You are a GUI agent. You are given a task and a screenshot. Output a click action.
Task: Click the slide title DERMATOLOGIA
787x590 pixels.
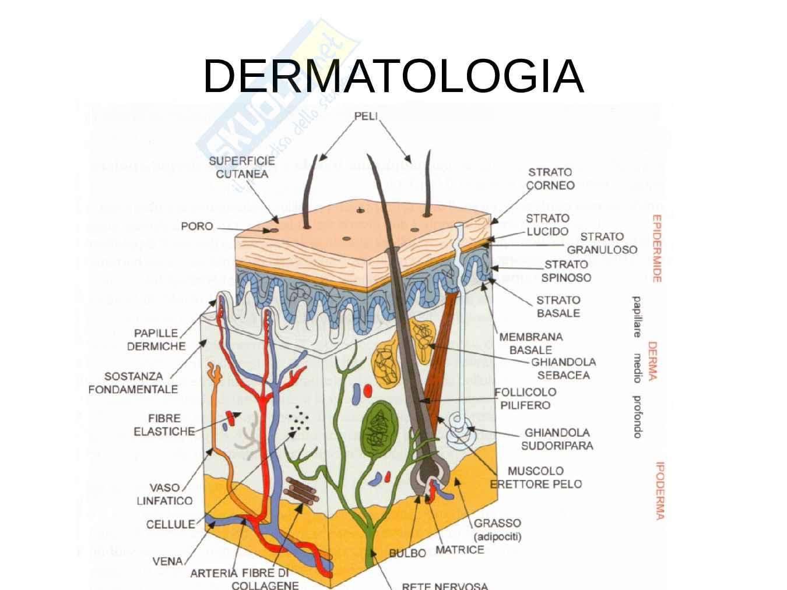coord(394,76)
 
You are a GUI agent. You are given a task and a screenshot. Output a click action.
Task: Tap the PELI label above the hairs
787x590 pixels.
coord(366,116)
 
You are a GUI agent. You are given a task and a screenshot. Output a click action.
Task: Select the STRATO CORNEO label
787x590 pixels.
coord(550,179)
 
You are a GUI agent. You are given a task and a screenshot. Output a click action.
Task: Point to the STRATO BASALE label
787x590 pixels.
coord(558,306)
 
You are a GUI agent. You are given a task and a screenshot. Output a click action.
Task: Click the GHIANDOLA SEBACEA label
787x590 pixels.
coord(563,369)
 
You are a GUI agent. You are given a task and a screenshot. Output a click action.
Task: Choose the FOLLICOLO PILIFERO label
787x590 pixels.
coord(525,398)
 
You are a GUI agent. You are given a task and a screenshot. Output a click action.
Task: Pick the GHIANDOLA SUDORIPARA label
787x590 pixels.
coord(557,439)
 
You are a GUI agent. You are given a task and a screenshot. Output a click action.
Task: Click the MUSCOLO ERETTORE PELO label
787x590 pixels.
coord(535,477)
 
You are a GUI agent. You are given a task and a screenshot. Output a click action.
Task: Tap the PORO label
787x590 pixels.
coord(197,226)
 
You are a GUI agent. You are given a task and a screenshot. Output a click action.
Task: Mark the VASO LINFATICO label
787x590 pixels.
coord(164,494)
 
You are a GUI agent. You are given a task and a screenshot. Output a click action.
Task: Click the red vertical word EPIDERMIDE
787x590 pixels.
coord(656,249)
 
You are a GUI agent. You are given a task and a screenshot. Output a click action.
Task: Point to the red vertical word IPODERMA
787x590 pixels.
coord(660,490)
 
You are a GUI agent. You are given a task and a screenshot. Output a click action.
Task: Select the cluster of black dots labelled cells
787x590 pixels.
coord(299,418)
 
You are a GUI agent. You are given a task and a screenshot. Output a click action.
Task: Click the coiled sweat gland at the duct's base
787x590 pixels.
coord(462,432)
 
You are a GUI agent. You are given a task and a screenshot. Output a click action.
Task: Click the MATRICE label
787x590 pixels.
coord(459,550)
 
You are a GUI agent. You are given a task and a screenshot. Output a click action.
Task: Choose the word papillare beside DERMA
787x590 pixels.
coord(637,317)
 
